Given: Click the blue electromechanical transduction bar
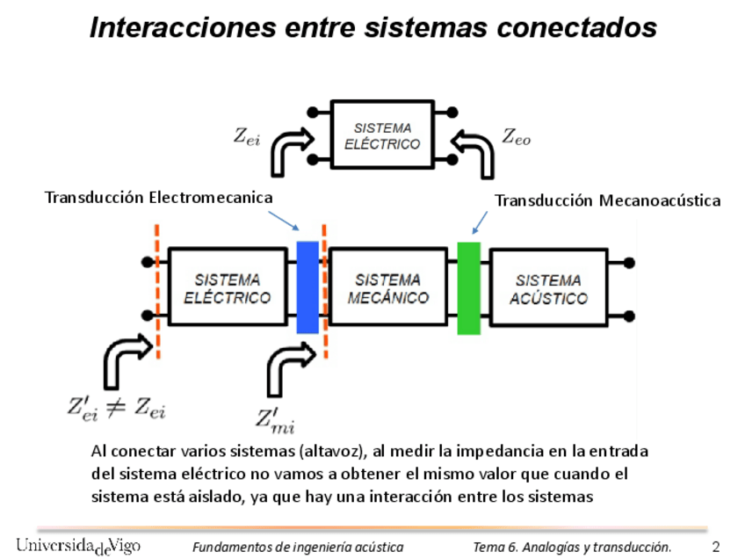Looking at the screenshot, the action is click(307, 287).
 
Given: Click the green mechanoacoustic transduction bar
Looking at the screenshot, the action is click(469, 287).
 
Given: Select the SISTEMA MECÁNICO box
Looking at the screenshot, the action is click(387, 288).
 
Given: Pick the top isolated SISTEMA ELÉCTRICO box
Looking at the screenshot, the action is click(382, 134).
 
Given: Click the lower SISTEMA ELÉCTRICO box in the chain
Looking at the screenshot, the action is click(227, 288).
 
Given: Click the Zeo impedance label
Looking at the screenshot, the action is click(516, 135).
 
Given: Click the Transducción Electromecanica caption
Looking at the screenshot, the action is click(158, 197).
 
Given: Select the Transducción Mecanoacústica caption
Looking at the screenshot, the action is click(607, 201).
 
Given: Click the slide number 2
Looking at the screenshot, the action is click(716, 546).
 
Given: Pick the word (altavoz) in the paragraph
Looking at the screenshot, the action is click(331, 452).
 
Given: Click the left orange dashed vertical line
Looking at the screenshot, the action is click(157, 290).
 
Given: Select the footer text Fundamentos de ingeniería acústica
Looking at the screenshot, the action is click(298, 547).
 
